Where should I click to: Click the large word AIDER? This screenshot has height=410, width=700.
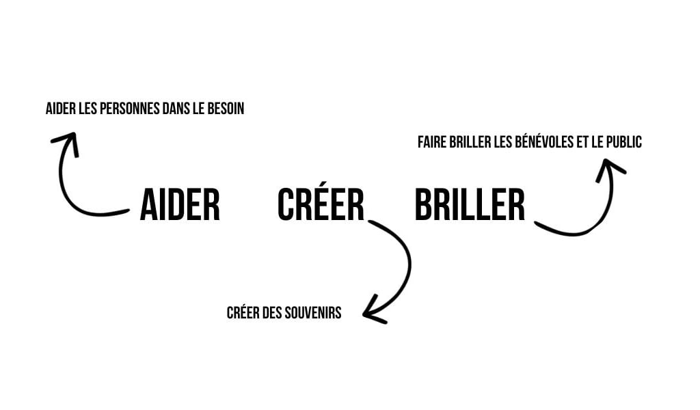click(180, 204)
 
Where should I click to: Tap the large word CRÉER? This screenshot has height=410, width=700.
click(321, 203)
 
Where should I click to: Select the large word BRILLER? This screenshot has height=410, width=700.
click(470, 204)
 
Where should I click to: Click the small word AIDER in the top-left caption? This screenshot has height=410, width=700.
click(59, 109)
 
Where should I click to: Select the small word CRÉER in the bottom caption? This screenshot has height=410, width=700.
click(242, 313)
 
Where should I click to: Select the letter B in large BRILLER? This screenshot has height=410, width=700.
click(425, 204)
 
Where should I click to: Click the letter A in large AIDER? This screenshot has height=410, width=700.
click(148, 204)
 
